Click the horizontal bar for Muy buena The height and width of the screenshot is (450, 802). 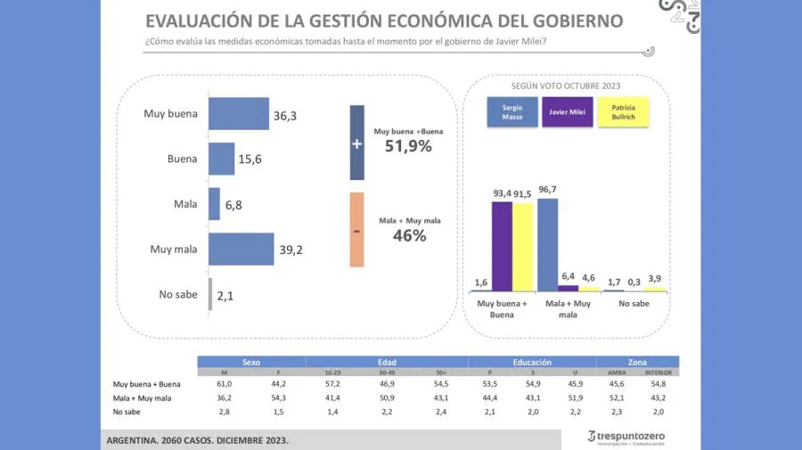click(238, 113)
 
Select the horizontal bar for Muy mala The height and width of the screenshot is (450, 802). click(241, 250)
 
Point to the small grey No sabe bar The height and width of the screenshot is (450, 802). click(210, 294)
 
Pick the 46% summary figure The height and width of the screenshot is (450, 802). click(409, 235)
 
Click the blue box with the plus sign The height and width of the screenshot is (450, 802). click(356, 143)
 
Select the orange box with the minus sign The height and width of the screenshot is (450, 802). click(356, 230)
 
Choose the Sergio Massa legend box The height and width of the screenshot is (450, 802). click(511, 112)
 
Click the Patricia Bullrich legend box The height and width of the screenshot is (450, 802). click(624, 112)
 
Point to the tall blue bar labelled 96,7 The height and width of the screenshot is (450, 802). click(548, 245)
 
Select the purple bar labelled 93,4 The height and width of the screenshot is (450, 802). click(502, 247)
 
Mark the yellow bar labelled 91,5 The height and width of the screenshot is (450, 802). click(522, 248)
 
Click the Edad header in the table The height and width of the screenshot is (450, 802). click(387, 362)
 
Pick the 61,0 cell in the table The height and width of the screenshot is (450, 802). click(224, 384)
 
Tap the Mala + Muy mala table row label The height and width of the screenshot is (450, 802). click(142, 397)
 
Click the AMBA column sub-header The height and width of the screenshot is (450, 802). click(616, 372)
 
